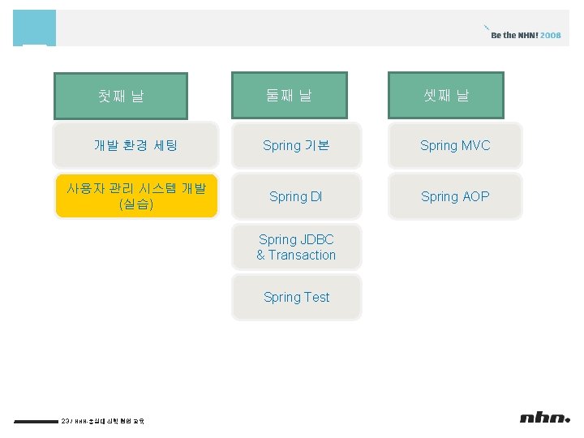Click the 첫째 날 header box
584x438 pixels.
coord(121,97)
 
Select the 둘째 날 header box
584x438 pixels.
coord(290,95)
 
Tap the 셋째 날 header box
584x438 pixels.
coord(446,95)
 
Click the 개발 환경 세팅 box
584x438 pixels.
coord(136,146)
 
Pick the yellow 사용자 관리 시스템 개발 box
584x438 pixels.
coord(136,196)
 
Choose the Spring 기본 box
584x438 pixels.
coord(296,146)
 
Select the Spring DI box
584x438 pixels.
coord(296,196)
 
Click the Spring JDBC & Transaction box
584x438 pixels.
coord(296,247)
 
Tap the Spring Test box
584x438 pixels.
coord(296,297)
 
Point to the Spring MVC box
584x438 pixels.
coord(455,146)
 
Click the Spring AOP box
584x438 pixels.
coord(455,196)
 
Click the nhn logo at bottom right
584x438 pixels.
coord(544,418)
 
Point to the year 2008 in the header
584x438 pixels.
coord(550,36)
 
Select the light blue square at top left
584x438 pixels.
coord(35,28)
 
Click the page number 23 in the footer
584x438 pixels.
coord(66,420)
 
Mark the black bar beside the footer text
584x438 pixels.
coord(36,421)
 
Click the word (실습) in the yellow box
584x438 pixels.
coord(136,204)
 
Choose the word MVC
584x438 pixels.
coord(476,146)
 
